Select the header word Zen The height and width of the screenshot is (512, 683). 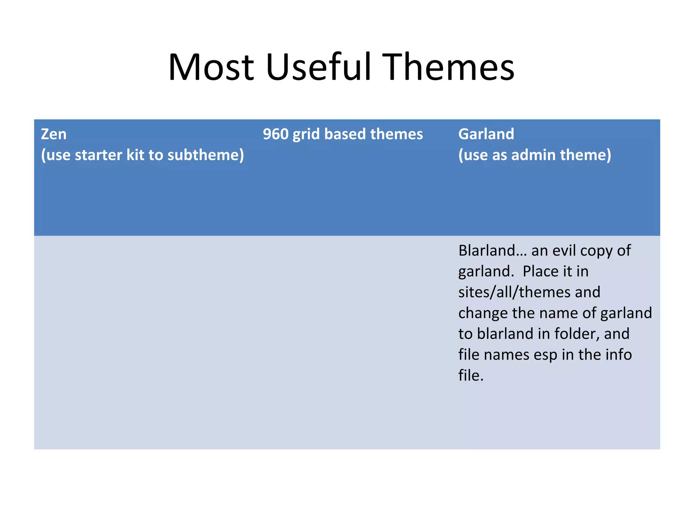point(54,134)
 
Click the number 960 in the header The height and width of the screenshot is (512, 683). point(275,134)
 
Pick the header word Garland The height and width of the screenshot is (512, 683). point(486,134)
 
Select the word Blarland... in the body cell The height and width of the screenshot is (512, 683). point(492,250)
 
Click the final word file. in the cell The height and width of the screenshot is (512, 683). point(471,375)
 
